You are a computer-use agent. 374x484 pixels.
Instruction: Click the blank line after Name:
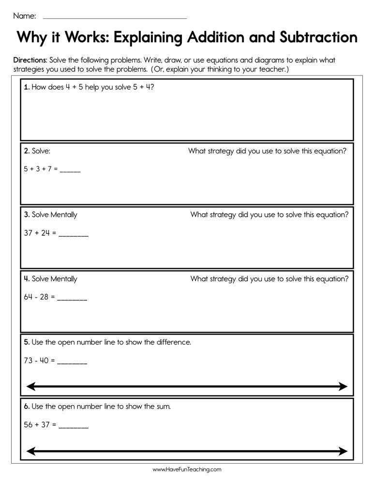point(115,17)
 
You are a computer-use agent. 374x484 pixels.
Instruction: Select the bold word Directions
point(30,60)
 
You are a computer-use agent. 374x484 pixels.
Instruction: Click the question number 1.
point(27,88)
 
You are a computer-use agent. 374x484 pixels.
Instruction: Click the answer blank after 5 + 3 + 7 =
point(71,170)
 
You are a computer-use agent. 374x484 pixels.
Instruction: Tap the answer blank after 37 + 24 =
point(74,234)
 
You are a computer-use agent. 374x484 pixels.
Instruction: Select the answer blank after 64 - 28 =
point(72,298)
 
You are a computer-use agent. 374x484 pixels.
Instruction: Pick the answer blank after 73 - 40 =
point(72,362)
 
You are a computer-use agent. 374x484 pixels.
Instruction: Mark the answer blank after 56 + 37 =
point(74,426)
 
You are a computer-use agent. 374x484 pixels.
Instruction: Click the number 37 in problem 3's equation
point(28,233)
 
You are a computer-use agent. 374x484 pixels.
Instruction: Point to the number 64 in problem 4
point(28,297)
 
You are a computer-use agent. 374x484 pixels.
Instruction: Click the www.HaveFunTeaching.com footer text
point(187,469)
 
